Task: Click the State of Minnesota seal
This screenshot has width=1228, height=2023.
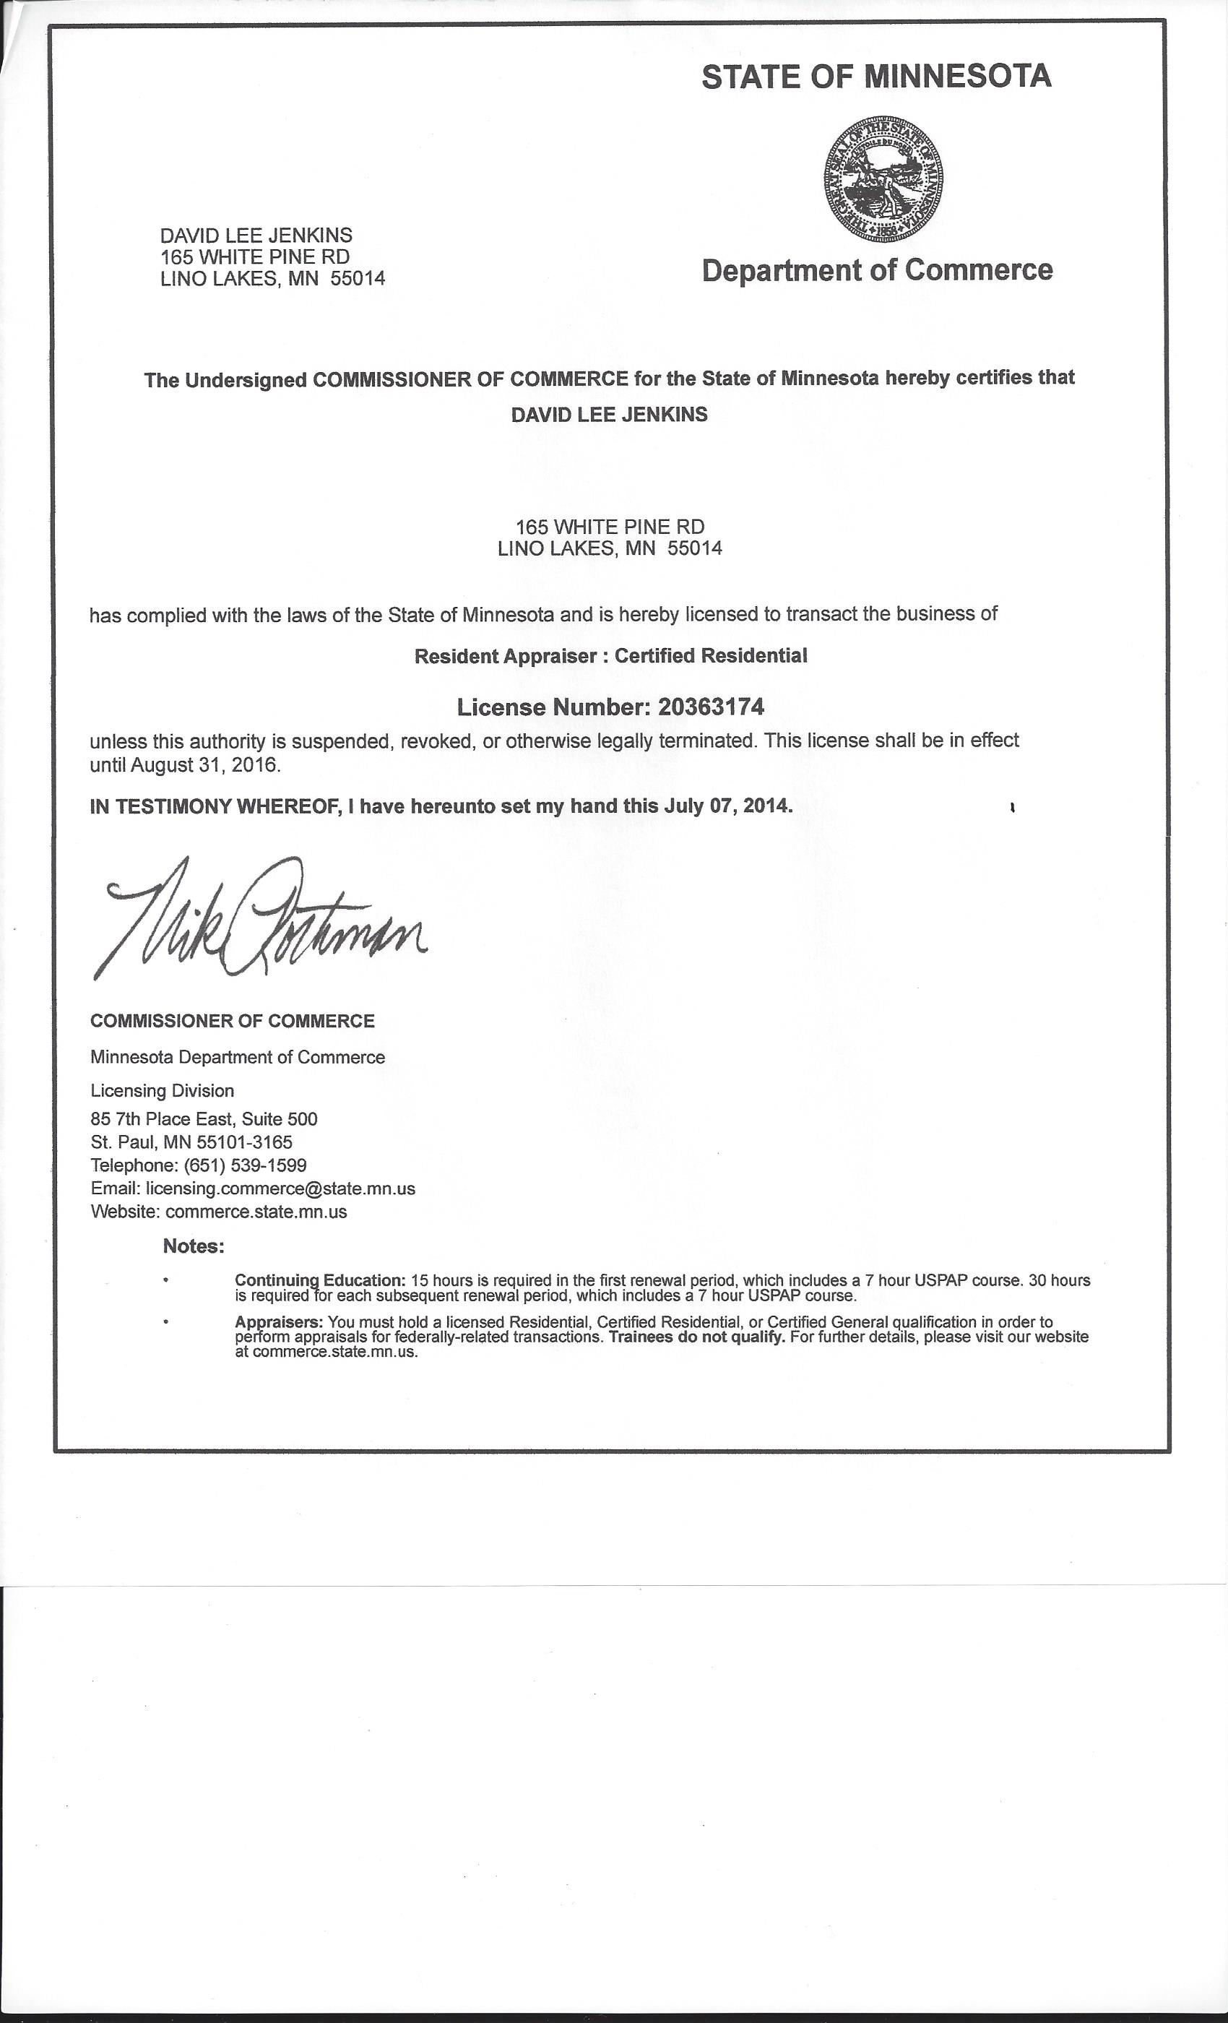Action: tap(883, 178)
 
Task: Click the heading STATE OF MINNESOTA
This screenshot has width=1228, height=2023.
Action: tap(875, 77)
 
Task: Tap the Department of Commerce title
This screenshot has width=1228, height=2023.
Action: tap(877, 270)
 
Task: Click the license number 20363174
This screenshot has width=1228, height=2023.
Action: tap(711, 706)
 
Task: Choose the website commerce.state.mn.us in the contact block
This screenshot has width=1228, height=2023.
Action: tap(256, 1211)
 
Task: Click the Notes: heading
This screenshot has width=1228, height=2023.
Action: tap(194, 1246)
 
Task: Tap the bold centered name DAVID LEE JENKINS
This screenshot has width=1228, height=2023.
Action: tap(609, 415)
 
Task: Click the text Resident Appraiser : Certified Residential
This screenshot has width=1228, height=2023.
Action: tap(610, 656)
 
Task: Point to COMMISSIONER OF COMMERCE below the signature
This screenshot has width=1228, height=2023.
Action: tap(233, 1020)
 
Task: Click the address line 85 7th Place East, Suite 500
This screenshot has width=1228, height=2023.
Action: tap(204, 1119)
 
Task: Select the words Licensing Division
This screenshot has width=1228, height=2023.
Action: tap(163, 1090)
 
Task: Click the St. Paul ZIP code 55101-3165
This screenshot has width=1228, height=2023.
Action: tap(244, 1142)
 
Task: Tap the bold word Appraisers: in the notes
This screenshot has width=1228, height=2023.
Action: tap(279, 1322)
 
